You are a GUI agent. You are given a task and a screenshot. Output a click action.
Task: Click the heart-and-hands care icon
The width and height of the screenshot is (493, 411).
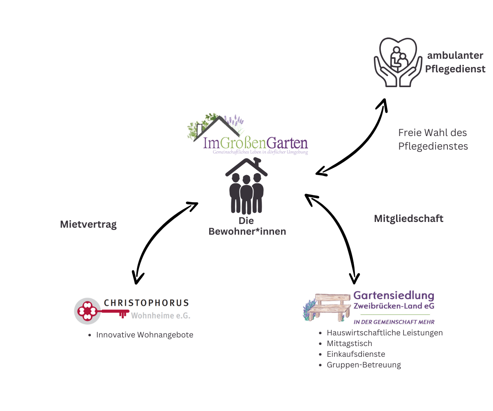(398, 62)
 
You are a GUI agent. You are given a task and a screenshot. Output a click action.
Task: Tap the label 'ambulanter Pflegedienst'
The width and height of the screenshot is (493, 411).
(455, 62)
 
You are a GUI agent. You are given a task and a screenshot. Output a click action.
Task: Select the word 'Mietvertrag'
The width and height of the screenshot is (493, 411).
(88, 224)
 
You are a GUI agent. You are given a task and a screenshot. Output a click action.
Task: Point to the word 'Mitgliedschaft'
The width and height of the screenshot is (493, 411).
(408, 219)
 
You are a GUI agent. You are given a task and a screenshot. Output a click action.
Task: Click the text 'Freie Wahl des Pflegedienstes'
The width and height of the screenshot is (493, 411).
(433, 139)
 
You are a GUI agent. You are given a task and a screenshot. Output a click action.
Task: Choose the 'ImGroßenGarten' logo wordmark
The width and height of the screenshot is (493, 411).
(256, 143)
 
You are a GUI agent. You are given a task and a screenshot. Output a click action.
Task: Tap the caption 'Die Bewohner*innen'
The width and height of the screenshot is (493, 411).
(247, 226)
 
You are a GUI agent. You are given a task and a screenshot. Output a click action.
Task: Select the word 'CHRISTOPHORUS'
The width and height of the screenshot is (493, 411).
(146, 303)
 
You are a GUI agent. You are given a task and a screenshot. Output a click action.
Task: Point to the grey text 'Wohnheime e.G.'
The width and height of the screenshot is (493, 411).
(161, 316)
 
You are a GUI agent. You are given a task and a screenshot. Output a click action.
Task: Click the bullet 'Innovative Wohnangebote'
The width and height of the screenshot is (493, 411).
(144, 335)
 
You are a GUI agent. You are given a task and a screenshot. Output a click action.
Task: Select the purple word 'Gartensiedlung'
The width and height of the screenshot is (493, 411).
(394, 296)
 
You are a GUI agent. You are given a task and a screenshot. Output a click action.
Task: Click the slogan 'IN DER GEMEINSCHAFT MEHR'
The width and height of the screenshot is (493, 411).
(394, 322)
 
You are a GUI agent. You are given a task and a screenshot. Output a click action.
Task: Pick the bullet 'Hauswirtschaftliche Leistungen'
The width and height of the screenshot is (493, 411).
(385, 333)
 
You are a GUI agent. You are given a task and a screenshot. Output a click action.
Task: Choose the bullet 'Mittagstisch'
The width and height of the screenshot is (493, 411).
(349, 344)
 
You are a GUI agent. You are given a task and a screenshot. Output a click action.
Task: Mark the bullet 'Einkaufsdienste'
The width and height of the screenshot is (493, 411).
(356, 354)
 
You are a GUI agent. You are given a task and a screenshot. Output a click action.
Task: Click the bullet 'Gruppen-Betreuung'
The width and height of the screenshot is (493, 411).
(364, 365)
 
